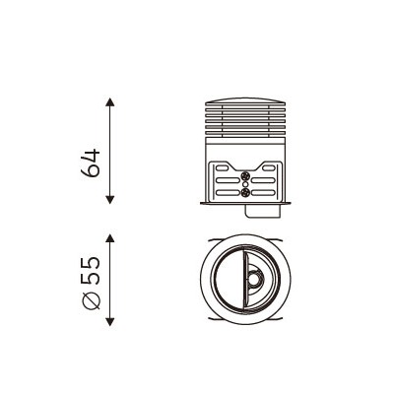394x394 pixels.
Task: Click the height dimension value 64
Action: click(x=90, y=163)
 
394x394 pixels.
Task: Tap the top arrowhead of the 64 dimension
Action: click(x=110, y=101)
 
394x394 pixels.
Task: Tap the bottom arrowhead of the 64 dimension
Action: click(x=110, y=200)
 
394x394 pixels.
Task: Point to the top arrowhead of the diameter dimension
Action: click(x=110, y=238)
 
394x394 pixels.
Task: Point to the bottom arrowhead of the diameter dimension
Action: click(x=110, y=322)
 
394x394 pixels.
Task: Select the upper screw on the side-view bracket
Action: click(x=245, y=175)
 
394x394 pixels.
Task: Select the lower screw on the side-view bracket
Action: click(x=245, y=192)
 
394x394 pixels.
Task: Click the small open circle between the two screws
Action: click(x=245, y=184)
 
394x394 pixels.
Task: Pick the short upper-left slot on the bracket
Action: click(x=222, y=168)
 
